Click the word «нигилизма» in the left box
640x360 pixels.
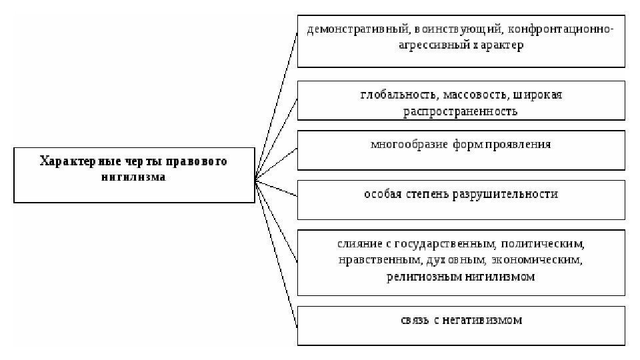pyautogui.click(x=133, y=178)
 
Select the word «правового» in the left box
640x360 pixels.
pyautogui.click(x=197, y=162)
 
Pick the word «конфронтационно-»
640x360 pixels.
pyautogui.click(x=561, y=31)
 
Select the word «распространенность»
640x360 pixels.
pyautogui.click(x=460, y=111)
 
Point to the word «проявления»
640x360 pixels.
pyautogui.click(x=517, y=145)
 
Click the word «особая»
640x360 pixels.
pyautogui.click(x=382, y=195)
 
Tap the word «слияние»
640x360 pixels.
pyautogui.click(x=358, y=244)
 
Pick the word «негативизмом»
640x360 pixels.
pyautogui.click(x=483, y=321)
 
